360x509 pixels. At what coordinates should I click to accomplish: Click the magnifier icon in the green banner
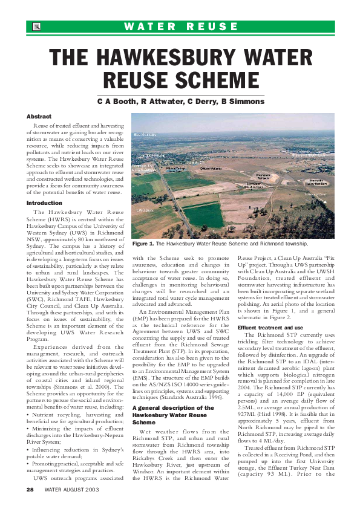(x=36, y=27)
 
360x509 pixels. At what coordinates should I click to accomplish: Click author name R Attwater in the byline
(x=155, y=102)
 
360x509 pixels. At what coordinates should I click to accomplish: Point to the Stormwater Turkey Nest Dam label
(x=317, y=181)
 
